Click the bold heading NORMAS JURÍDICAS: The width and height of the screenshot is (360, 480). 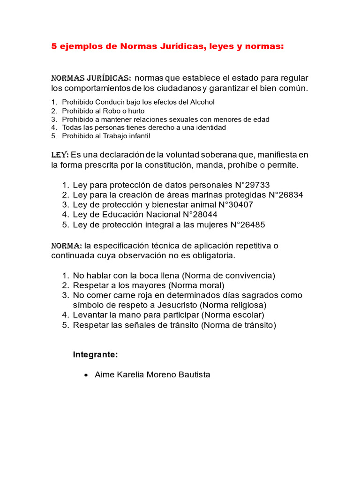point(91,78)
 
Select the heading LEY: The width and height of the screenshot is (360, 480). point(60,155)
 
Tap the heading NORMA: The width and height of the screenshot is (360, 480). point(67,246)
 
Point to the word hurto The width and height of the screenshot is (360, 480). point(135,111)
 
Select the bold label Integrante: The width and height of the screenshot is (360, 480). point(95,355)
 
